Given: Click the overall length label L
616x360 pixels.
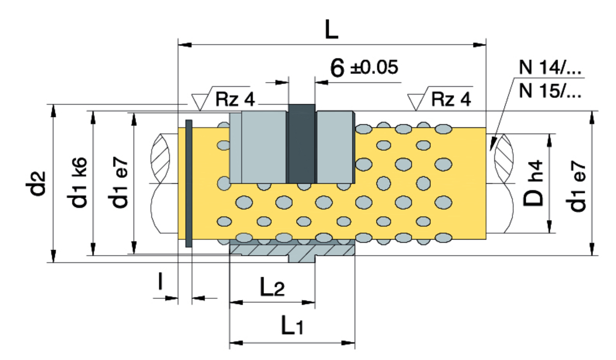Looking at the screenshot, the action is point(331,30).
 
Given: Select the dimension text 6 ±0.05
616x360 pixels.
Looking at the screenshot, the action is point(364,68).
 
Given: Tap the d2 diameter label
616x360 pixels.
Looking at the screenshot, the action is point(35,183).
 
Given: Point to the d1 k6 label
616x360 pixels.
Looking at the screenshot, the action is point(79,183).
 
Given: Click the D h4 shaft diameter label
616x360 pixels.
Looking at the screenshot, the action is point(533,183).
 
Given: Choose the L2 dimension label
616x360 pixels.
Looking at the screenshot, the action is point(272,287).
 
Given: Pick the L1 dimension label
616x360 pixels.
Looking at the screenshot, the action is point(292,326).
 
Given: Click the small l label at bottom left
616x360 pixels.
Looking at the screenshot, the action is point(160,280).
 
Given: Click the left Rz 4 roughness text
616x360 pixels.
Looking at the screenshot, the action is point(235,99).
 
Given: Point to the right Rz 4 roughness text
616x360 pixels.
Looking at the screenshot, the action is point(451,99).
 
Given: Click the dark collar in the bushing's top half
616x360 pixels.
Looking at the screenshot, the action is point(302,144).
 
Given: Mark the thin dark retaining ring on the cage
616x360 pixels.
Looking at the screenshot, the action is point(189,183).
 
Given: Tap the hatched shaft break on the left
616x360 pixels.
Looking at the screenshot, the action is point(160,159).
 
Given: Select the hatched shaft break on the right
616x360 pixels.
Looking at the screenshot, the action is point(504,159).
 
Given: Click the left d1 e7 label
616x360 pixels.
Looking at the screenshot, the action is point(120,183).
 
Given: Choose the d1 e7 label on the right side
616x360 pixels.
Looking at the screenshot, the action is point(575,186).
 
